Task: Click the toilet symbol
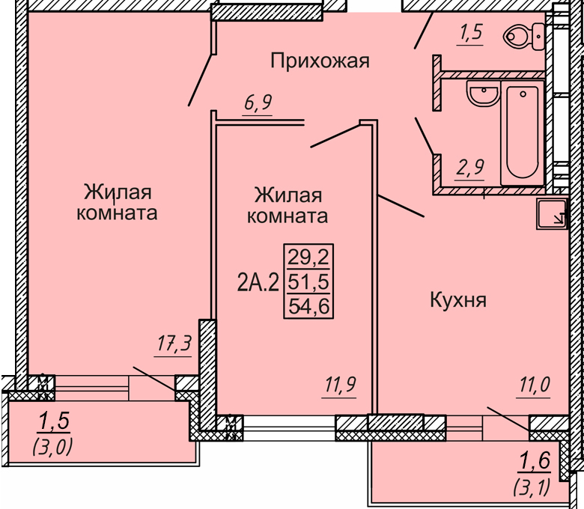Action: click(x=523, y=36)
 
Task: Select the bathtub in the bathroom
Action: click(x=523, y=132)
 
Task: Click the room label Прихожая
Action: click(x=320, y=61)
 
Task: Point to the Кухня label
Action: click(x=458, y=299)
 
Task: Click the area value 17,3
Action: click(x=174, y=344)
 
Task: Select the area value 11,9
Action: click(x=340, y=384)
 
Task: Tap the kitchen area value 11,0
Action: click(x=533, y=384)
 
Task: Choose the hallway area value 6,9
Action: click(x=258, y=102)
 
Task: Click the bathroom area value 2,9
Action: click(x=470, y=167)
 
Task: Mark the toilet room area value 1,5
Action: click(x=471, y=32)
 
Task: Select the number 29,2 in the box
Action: click(x=308, y=257)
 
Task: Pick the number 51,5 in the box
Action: click(x=308, y=282)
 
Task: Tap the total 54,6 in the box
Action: click(x=309, y=307)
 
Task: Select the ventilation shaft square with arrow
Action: click(x=551, y=213)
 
